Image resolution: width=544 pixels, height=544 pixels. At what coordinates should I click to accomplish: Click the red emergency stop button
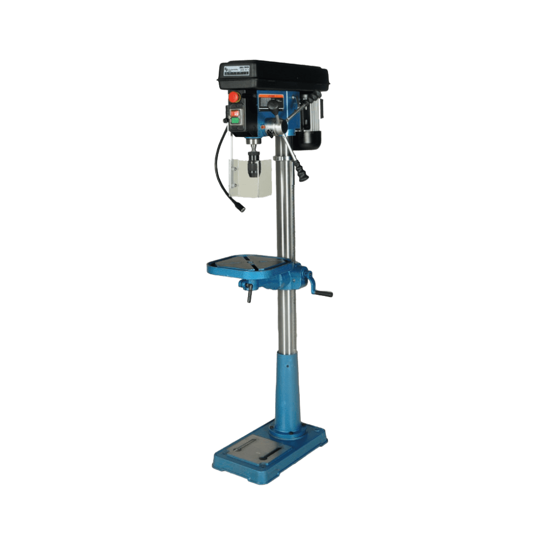pyautogui.click(x=235, y=97)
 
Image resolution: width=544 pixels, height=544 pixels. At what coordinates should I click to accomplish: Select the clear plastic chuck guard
pyautogui.click(x=251, y=178)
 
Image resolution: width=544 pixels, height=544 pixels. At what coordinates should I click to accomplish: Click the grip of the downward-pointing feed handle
pyautogui.click(x=303, y=173)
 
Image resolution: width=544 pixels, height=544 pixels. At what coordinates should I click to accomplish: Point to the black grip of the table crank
pyautogui.click(x=324, y=293)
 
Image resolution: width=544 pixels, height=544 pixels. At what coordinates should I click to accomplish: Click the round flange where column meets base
pyautogui.click(x=289, y=431)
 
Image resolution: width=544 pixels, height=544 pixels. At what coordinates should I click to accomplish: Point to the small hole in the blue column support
pyautogui.click(x=287, y=367)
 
